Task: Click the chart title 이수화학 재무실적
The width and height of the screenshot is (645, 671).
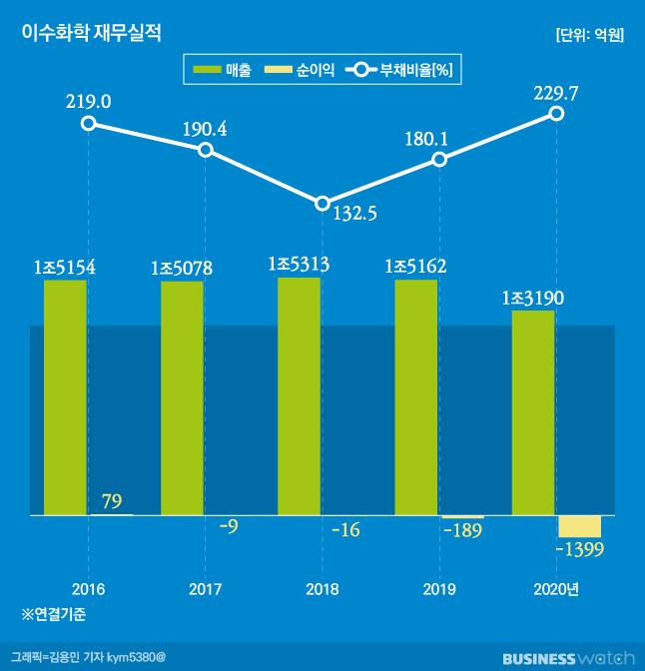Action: [x=91, y=33]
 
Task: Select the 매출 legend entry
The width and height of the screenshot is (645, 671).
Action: [x=222, y=70]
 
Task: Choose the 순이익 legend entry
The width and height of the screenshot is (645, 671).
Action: [x=298, y=70]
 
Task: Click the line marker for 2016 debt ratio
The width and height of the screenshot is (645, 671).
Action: [x=89, y=123]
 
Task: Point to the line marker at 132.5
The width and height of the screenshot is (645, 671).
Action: [x=322, y=203]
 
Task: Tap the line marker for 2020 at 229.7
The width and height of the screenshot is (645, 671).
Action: [x=557, y=114]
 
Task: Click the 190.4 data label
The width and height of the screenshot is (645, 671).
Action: [x=205, y=129]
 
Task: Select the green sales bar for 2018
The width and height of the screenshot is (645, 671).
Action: [x=299, y=396]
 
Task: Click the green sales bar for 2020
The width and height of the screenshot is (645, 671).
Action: [x=533, y=413]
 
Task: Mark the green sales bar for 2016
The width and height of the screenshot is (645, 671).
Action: [x=65, y=397]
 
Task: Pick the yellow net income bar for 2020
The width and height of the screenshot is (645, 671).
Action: [x=580, y=526]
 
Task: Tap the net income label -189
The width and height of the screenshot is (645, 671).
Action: [x=462, y=530]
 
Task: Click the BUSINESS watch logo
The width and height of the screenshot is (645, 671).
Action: [x=567, y=658]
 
